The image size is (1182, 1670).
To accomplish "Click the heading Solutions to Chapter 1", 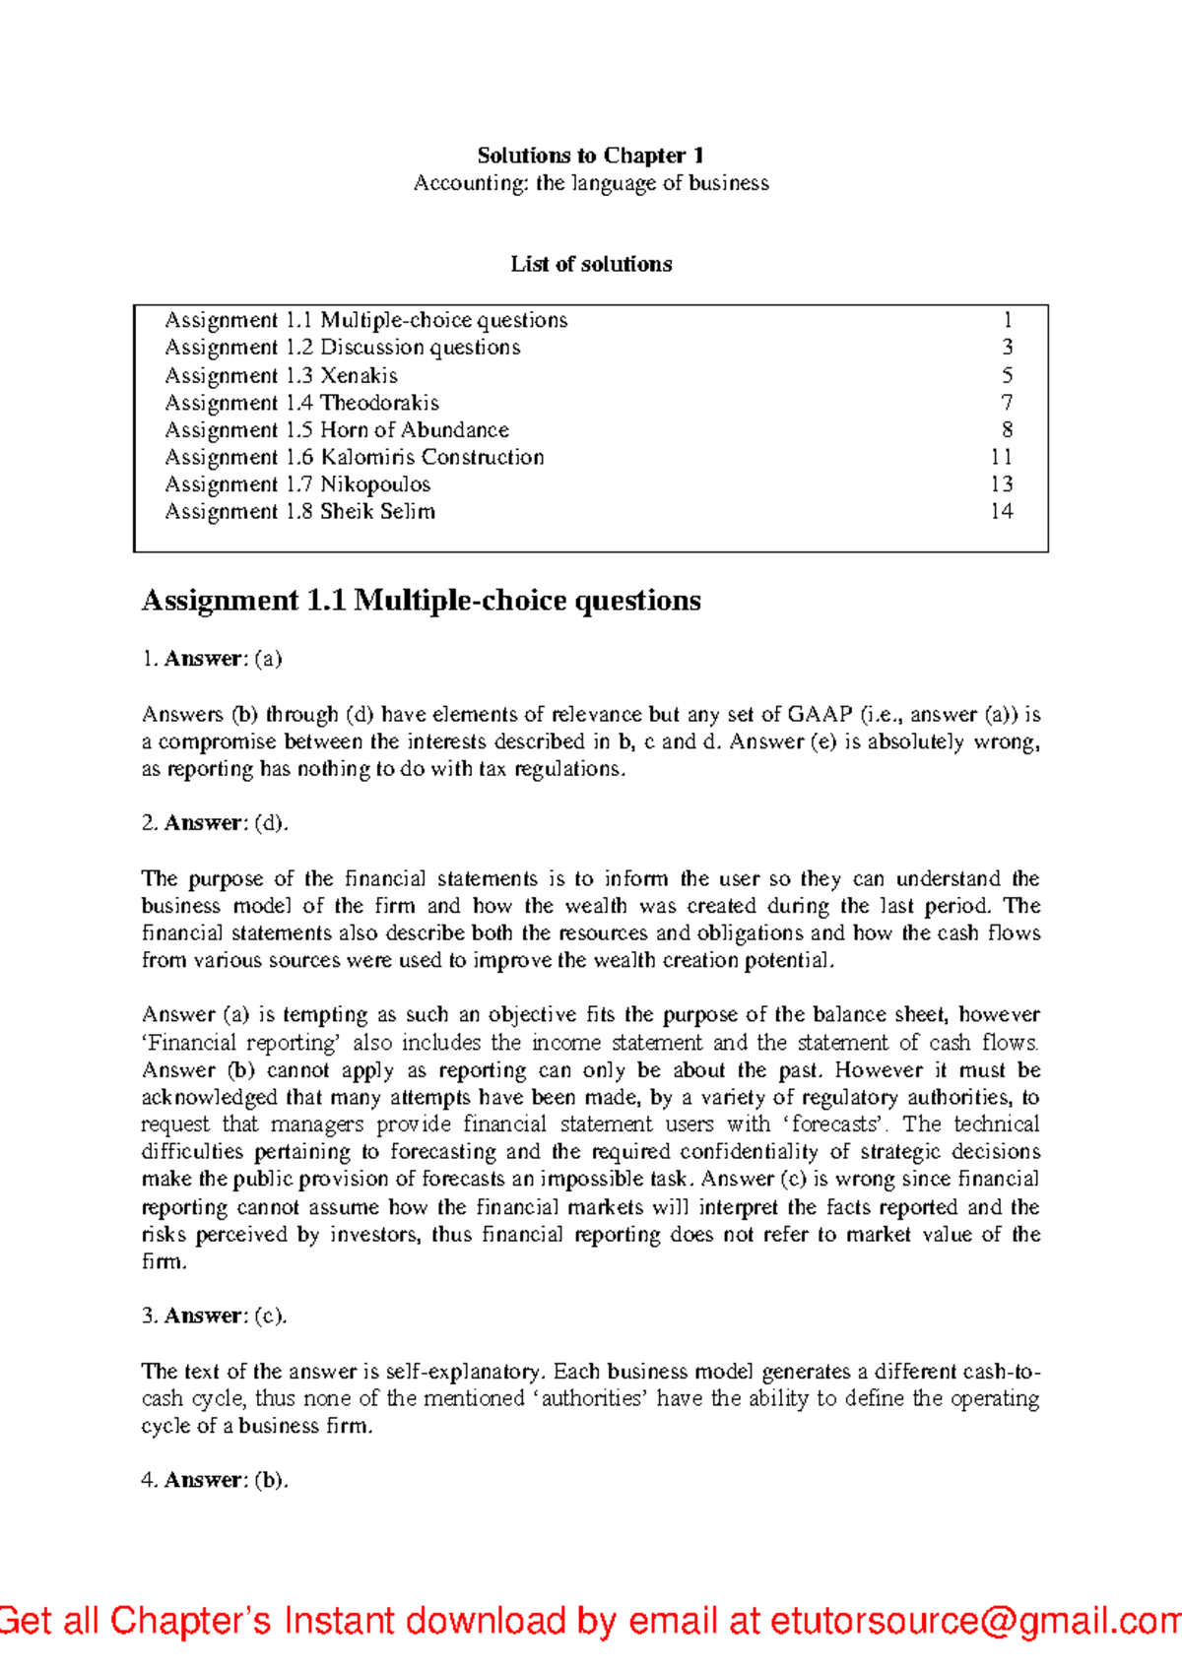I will (x=590, y=156).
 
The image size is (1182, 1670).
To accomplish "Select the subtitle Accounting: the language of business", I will (x=590, y=183).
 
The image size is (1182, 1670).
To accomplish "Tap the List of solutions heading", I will (x=591, y=264).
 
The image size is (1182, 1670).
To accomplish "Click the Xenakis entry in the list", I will (x=281, y=375).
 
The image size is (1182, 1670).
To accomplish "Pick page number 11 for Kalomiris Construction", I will (x=1001, y=457).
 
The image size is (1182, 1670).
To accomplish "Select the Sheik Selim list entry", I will (x=299, y=511).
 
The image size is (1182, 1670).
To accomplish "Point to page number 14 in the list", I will (x=1001, y=511).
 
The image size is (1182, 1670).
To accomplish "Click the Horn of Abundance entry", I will (x=337, y=430).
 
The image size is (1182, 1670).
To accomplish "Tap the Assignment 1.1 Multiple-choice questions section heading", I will (x=421, y=601).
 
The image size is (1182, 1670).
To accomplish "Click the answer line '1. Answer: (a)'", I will (x=212, y=659).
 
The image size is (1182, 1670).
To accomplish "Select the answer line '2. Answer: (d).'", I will (x=215, y=823).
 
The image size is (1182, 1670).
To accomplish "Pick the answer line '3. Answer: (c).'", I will (x=214, y=1316).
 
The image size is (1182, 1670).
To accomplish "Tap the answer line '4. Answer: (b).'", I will (x=215, y=1480).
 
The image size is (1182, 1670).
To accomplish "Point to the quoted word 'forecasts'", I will (x=837, y=1124).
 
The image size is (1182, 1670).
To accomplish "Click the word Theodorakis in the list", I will (x=379, y=403).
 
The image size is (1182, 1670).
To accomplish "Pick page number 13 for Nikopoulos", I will (x=1001, y=484).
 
